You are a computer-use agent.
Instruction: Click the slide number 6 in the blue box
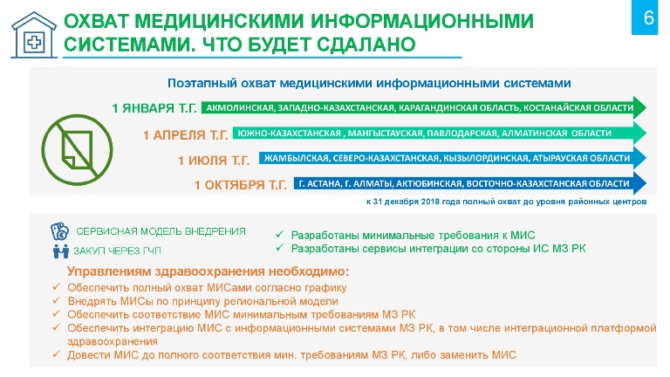coord(649,18)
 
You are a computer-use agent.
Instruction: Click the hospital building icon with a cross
coord(34,35)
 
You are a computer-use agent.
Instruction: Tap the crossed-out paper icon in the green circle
coord(77,149)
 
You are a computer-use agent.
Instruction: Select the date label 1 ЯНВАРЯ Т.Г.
coord(154,108)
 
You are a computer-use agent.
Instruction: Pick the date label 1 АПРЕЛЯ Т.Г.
coord(186,135)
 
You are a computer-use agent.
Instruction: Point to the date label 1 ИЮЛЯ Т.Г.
coord(214,161)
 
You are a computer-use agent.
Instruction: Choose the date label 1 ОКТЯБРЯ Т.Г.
coord(240,185)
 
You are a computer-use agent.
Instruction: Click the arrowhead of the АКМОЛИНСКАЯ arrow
coord(639,107)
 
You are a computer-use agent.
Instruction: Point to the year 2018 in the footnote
coord(430,202)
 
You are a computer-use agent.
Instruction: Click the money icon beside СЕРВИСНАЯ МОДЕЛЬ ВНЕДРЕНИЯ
coord(59,231)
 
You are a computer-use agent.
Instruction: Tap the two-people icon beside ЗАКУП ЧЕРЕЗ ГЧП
coord(61,251)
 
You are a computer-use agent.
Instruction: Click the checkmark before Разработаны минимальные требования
coord(280,234)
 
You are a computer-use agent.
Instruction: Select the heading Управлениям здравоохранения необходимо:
coord(209,271)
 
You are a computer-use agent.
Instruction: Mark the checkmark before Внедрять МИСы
coord(56,300)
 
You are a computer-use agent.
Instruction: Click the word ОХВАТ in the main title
coord(97,21)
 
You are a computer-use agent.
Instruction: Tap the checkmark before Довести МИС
coord(56,354)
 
